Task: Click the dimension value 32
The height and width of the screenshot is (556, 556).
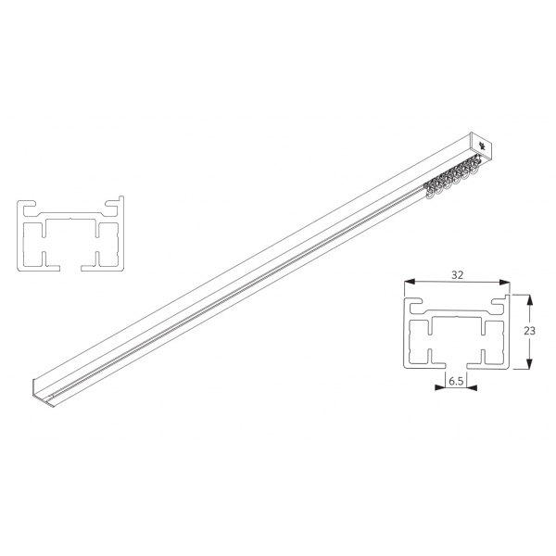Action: [457, 275]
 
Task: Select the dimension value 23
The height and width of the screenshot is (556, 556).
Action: [529, 331]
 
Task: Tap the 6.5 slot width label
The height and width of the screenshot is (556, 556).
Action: [456, 382]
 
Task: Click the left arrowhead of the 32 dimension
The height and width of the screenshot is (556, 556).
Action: [410, 282]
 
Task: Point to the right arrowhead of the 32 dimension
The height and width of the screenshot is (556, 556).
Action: [504, 282]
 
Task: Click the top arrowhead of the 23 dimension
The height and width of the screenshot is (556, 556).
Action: [529, 300]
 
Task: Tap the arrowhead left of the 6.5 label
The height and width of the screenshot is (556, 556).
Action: [440, 387]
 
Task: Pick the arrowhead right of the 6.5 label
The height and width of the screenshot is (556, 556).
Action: [472, 387]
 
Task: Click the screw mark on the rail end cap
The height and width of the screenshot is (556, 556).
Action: [482, 145]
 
